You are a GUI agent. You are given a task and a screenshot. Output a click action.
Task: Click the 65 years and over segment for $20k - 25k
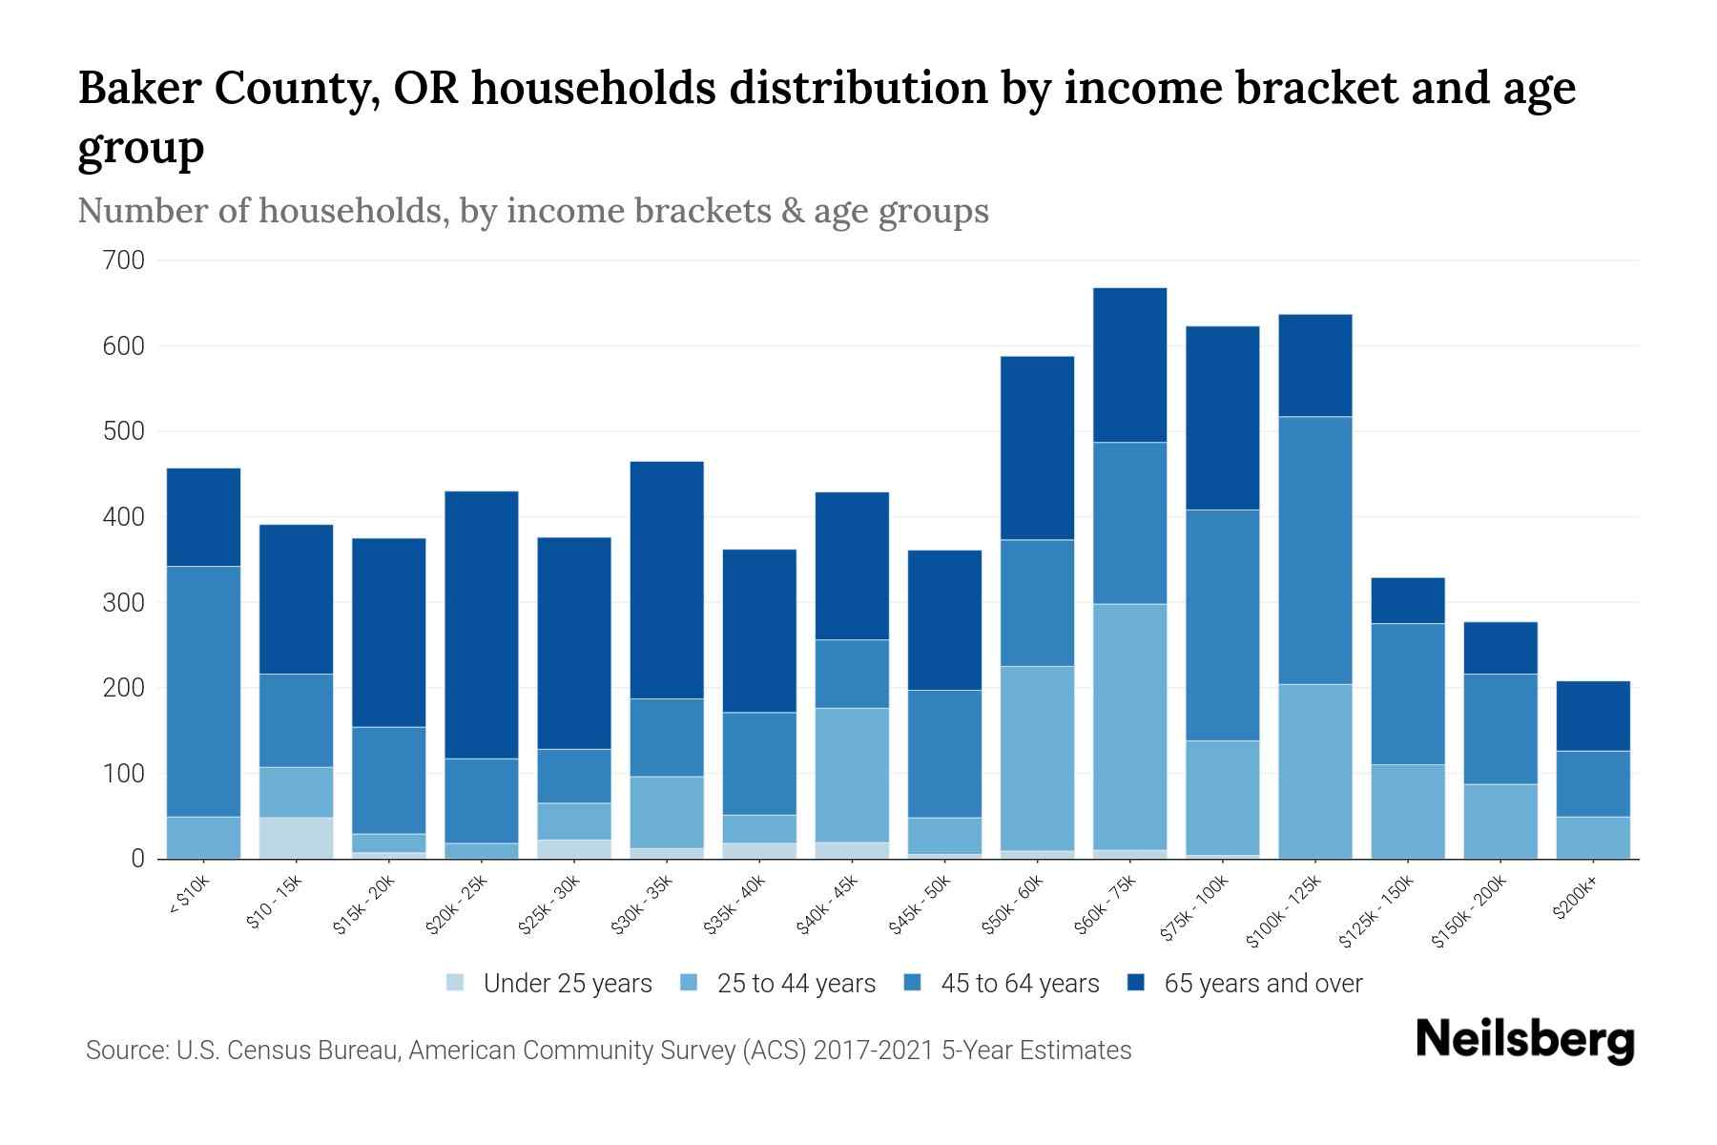482,625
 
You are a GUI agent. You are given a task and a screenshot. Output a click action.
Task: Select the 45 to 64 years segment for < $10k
203,692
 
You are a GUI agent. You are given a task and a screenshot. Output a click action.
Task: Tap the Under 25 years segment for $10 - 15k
296,838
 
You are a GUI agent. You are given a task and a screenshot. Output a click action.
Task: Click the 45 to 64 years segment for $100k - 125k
1314,551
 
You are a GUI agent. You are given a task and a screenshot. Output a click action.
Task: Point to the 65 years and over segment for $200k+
1592,716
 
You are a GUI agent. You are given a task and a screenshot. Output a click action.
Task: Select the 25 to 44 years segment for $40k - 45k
852,775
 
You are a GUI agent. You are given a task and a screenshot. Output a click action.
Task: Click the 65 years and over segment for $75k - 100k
1222,418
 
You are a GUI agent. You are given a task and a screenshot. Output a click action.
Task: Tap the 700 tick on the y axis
123,260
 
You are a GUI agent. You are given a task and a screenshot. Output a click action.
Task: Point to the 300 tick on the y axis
123,603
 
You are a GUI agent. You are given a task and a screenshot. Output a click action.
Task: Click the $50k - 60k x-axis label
1014,906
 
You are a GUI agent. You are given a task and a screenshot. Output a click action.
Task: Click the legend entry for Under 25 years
549,984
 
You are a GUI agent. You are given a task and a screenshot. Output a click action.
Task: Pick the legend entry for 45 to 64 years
1002,984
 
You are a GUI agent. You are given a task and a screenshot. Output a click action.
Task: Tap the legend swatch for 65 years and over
1136,983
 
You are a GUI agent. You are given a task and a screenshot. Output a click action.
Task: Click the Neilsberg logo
1524,1042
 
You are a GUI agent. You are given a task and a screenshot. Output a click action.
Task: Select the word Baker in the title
138,89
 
